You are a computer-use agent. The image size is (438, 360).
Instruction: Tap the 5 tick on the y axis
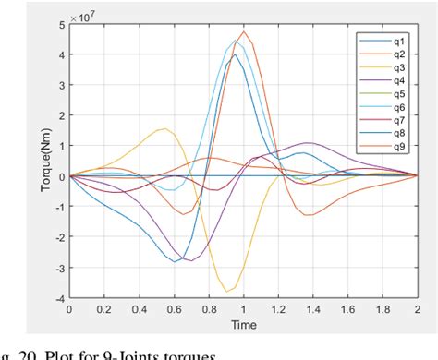click(x=61, y=23)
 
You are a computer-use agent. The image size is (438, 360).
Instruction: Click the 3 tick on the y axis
click(x=61, y=84)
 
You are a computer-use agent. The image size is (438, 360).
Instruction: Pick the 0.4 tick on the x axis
click(x=140, y=310)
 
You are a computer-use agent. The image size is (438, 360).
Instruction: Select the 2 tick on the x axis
click(x=417, y=310)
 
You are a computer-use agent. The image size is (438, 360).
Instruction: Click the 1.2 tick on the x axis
click(x=278, y=310)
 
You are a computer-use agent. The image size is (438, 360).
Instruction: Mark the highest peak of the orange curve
click(x=244, y=32)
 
